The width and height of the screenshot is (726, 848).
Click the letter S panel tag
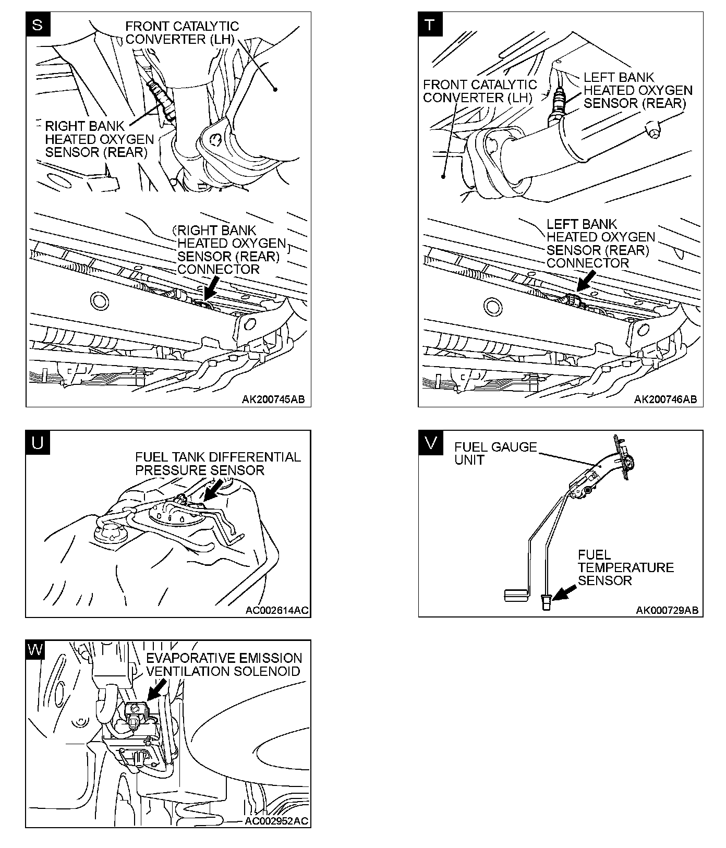38,25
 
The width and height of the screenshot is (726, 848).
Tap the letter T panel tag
430,25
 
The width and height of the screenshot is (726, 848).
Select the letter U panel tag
38,443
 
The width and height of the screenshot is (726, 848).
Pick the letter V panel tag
430,443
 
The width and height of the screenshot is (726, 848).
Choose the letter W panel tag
36,650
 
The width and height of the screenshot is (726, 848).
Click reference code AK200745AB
273,399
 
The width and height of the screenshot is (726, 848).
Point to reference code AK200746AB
665,399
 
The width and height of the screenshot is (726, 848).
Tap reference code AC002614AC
277,610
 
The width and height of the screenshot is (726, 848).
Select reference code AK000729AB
667,610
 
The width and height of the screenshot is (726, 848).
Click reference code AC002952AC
276,820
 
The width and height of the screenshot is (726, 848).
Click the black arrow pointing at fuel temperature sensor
564,593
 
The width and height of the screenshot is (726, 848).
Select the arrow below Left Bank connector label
586,285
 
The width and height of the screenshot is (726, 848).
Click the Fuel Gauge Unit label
495,453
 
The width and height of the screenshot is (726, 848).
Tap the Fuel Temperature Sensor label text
625,567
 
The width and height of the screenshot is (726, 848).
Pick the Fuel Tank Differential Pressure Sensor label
218,464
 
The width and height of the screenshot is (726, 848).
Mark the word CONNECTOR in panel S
218,270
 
